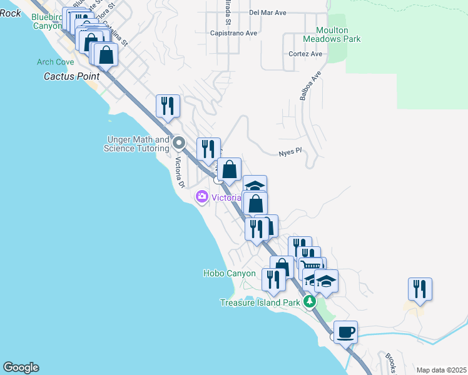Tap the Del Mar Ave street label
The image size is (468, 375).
tap(267, 12)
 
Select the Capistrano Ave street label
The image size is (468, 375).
tap(234, 33)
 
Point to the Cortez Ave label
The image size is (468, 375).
tap(305, 54)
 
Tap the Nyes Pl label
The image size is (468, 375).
tap(290, 151)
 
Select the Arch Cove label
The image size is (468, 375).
tap(55, 62)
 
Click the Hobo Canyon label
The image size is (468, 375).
tap(230, 273)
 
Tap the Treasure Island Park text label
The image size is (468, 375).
tap(261, 302)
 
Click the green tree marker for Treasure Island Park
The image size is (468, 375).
tap(308, 302)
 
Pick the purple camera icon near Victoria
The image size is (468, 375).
tap(201, 197)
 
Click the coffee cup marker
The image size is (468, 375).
tap(345, 332)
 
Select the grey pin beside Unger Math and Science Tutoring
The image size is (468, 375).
tap(179, 144)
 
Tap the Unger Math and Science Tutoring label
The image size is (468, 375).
tap(138, 144)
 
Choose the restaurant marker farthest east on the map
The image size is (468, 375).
tap(420, 289)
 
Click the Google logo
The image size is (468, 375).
tap(21, 367)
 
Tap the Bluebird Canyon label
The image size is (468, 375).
tap(48, 22)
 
